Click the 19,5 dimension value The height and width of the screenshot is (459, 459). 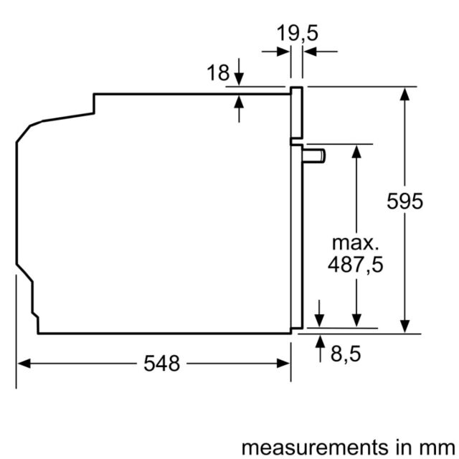pyautogui.click(x=297, y=33)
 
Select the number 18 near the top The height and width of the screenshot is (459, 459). pyautogui.click(x=218, y=72)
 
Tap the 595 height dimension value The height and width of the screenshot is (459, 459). pyautogui.click(x=404, y=201)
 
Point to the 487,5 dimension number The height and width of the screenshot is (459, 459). pyautogui.click(x=356, y=265)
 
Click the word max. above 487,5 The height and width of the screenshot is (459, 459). pyautogui.click(x=356, y=243)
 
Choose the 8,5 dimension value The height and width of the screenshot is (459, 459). pyautogui.click(x=346, y=354)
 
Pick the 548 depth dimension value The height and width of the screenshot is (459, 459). pyautogui.click(x=161, y=364)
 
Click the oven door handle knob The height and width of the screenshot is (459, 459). pyautogui.click(x=314, y=156)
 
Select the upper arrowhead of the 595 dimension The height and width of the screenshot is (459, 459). pyautogui.click(x=404, y=94)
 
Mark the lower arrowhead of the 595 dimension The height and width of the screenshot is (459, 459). pyautogui.click(x=404, y=326)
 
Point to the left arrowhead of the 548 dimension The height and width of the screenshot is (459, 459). pyautogui.click(x=24, y=364)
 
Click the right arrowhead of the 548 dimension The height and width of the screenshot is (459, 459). pyautogui.click(x=283, y=364)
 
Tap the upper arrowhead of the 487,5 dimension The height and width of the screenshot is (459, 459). pyautogui.click(x=356, y=151)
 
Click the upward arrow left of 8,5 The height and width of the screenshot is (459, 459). pyautogui.click(x=321, y=349)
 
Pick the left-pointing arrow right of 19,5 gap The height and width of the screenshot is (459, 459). pyautogui.click(x=321, y=52)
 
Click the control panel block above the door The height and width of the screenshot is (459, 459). pyautogui.click(x=296, y=113)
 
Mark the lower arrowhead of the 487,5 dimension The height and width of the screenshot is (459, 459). pyautogui.click(x=356, y=321)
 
